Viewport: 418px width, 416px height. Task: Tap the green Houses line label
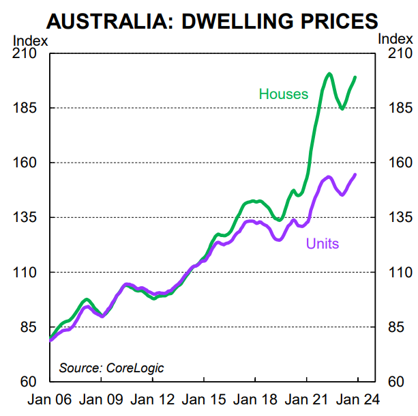click(x=283, y=94)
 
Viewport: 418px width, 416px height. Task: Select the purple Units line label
click(x=322, y=243)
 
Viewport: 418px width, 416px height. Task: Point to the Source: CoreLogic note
click(x=111, y=368)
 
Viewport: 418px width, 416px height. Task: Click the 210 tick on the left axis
click(x=25, y=54)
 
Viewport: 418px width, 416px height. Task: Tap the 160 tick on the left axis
click(x=25, y=163)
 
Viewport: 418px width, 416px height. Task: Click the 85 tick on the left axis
click(x=28, y=327)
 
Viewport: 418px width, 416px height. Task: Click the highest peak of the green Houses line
click(x=329, y=74)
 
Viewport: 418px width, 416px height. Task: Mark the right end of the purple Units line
click(x=355, y=175)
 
